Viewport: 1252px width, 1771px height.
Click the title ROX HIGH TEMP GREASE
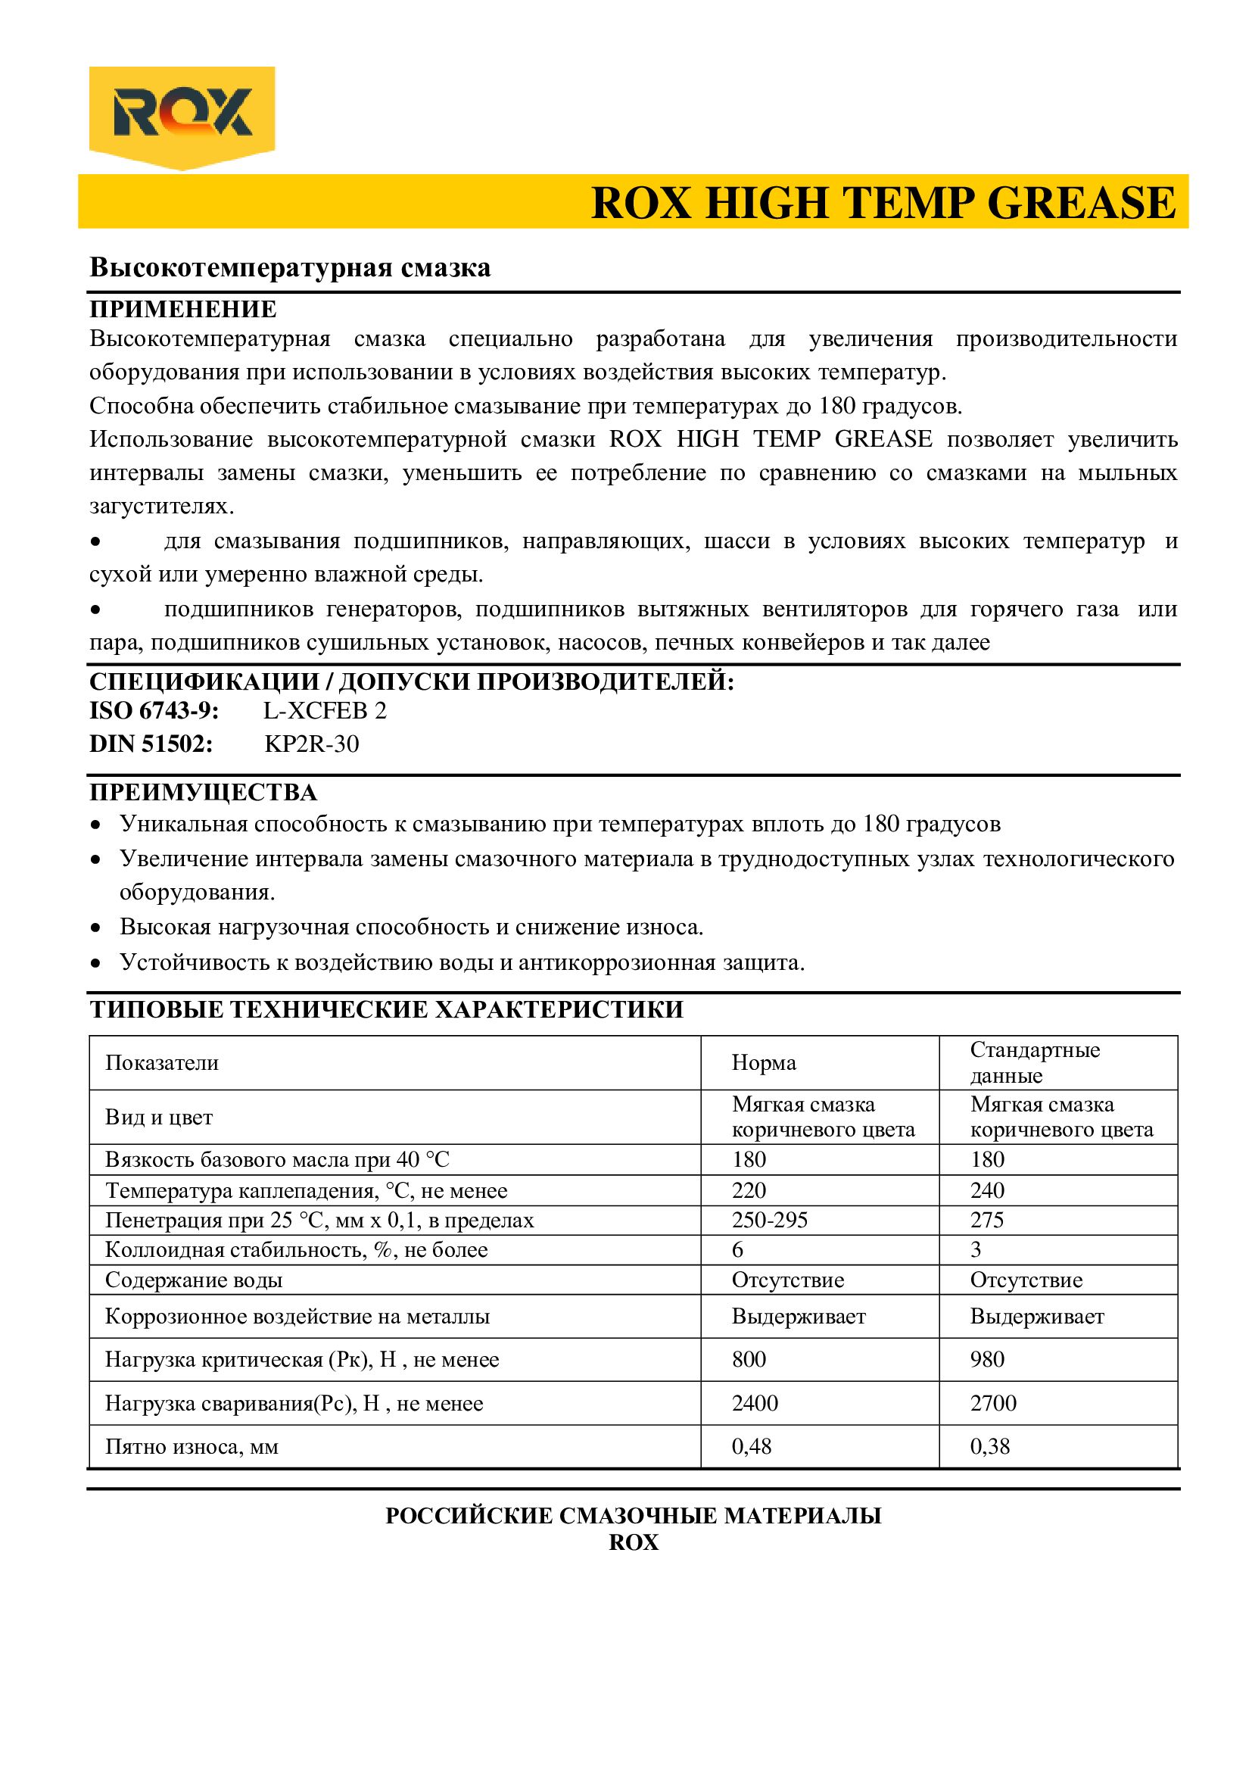tap(883, 203)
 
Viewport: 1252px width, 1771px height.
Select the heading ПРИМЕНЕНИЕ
tap(182, 310)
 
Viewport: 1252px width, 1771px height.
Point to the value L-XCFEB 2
tap(325, 710)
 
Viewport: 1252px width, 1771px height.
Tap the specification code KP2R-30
tap(311, 744)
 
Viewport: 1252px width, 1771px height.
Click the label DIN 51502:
tap(151, 744)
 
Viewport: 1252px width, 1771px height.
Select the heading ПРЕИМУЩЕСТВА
tap(203, 793)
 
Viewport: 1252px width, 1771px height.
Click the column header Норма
tap(763, 1063)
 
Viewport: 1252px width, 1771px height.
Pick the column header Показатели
tap(162, 1063)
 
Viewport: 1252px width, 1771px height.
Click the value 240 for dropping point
tap(987, 1190)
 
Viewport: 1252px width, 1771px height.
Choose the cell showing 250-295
tap(769, 1221)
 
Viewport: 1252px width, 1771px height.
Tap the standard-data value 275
tap(987, 1221)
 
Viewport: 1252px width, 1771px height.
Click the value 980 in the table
tap(987, 1359)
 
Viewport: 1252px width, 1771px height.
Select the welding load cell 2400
tap(755, 1403)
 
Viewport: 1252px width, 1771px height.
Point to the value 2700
tap(993, 1403)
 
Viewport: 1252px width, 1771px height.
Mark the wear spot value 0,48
tap(752, 1446)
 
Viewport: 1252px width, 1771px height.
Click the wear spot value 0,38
tap(990, 1446)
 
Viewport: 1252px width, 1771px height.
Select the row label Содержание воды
tap(194, 1280)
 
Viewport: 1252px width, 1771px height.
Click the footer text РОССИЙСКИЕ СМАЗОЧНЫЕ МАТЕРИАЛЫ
tap(633, 1516)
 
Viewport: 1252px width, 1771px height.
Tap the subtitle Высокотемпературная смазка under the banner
tap(290, 267)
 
